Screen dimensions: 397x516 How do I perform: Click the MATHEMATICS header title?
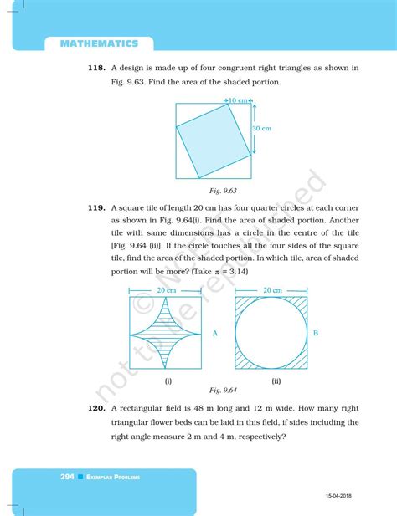[x=105, y=41]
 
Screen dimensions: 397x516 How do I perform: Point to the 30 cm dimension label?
[x=263, y=129]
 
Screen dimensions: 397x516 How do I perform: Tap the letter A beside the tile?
[x=214, y=334]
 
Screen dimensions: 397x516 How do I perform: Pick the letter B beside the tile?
[x=315, y=334]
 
